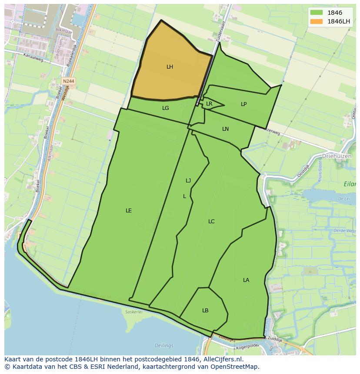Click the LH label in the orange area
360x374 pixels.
point(170,67)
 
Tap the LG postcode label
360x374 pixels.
point(165,108)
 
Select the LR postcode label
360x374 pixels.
point(209,104)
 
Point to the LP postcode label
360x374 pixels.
point(243,104)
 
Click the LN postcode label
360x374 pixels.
point(225,129)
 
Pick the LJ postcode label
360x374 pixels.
point(188,181)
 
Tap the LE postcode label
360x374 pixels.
point(129,211)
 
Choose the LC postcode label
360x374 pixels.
point(211,222)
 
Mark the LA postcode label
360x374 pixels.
point(246,280)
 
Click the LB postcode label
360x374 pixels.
point(205,311)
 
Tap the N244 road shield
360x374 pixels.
point(68,81)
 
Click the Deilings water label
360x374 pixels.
point(163,346)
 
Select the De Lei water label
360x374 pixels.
point(343,199)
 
